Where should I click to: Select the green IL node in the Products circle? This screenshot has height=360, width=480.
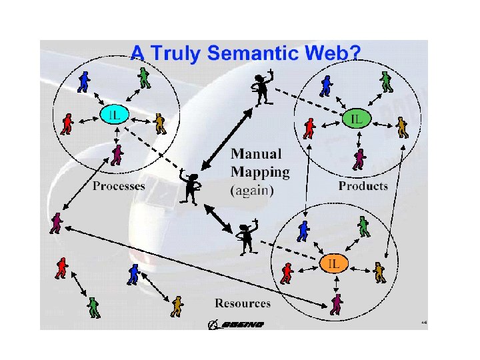pyautogui.click(x=357, y=119)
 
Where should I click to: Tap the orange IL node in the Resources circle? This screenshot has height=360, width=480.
pyautogui.click(x=333, y=263)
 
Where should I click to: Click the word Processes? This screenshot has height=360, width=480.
pyautogui.click(x=119, y=186)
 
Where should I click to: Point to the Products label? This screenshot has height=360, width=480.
pyautogui.click(x=363, y=186)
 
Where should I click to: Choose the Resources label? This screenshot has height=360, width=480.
pyautogui.click(x=243, y=303)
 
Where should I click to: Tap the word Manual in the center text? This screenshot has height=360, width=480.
pyautogui.click(x=256, y=154)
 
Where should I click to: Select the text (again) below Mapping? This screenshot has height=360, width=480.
pyautogui.click(x=252, y=190)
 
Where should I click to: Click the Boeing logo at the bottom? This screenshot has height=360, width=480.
pyautogui.click(x=236, y=325)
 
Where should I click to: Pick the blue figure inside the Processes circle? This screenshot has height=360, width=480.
pyautogui.click(x=83, y=81)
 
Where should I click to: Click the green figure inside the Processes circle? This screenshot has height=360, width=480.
pyautogui.click(x=145, y=79)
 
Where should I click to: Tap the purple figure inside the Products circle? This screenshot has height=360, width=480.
pyautogui.click(x=360, y=159)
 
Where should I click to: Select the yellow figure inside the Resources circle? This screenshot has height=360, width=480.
pyautogui.click(x=379, y=271)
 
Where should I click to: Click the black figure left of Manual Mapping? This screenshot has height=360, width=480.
pyautogui.click(x=191, y=187)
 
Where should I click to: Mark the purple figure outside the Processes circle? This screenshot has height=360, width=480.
pyautogui.click(x=57, y=223)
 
